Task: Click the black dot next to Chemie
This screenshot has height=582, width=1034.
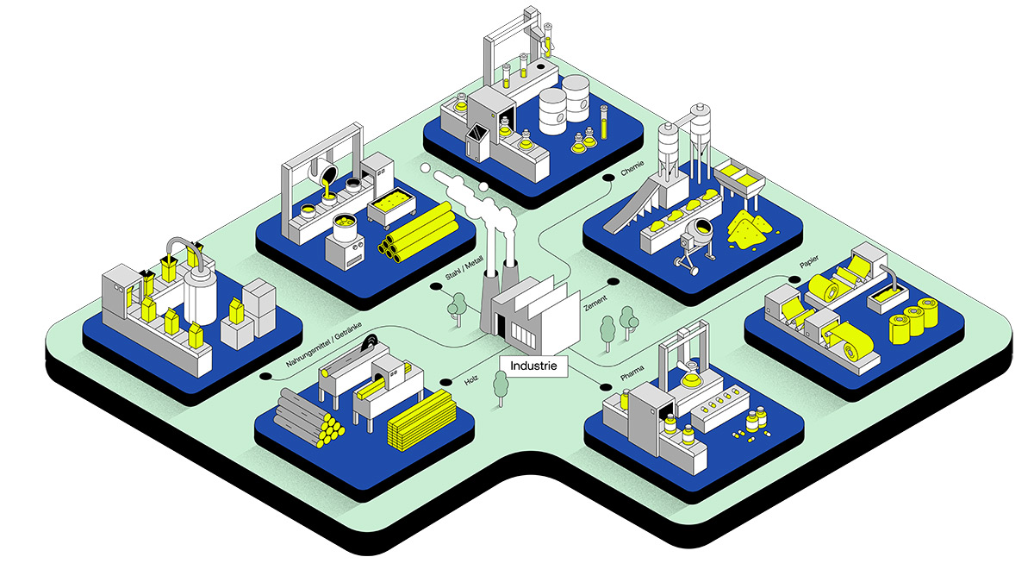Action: [x=608, y=178]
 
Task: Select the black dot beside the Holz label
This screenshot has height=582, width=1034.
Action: [x=445, y=382]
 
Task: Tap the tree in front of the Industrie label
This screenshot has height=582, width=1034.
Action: [x=500, y=386]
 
